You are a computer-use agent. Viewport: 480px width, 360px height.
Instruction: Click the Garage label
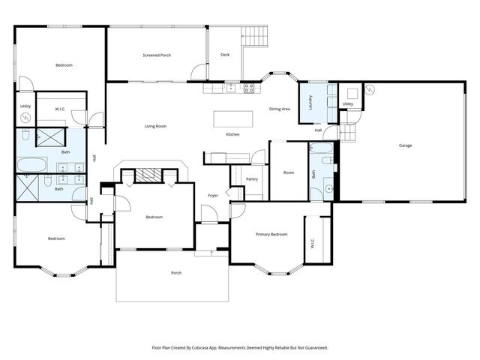[x=405, y=145]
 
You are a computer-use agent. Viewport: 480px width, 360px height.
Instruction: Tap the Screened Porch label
[x=157, y=55]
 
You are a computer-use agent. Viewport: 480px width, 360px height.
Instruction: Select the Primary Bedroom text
[x=271, y=235]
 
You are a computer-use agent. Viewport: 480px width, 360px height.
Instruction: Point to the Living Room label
[x=155, y=126]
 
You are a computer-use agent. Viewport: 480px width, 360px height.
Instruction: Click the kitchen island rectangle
[x=232, y=118]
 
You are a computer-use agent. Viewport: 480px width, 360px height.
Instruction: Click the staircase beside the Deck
[x=254, y=36]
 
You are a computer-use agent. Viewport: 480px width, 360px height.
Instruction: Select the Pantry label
[x=252, y=178]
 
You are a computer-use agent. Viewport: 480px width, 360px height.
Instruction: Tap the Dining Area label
[x=280, y=109]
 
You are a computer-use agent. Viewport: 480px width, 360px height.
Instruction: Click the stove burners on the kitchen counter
[x=249, y=88]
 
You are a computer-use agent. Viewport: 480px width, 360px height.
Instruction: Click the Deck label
[x=225, y=55]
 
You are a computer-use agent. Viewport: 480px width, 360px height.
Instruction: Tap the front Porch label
[x=176, y=272]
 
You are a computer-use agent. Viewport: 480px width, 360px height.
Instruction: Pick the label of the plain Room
[x=289, y=172]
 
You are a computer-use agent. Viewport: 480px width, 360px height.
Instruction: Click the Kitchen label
[x=233, y=134]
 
